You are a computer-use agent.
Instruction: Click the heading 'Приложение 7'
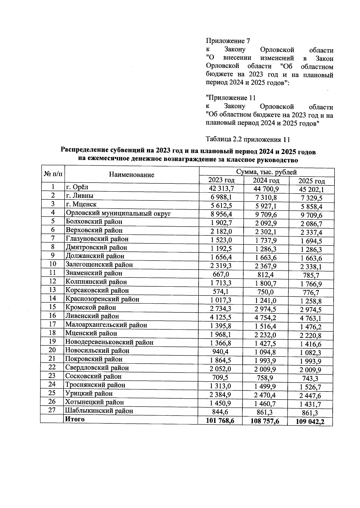(x=228, y=41)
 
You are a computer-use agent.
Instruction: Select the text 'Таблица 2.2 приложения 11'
(x=248, y=139)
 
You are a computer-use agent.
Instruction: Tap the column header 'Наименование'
(x=131, y=175)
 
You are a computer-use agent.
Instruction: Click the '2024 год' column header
(x=266, y=180)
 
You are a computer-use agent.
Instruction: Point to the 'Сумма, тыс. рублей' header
(x=266, y=172)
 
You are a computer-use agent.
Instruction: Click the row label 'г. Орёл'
(x=77, y=187)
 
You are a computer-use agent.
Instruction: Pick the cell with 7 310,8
(x=266, y=197)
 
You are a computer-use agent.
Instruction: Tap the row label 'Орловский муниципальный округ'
(x=118, y=213)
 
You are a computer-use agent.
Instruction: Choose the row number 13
(x=52, y=290)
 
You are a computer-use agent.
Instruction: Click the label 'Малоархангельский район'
(x=106, y=325)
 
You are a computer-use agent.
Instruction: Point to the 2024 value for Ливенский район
(x=266, y=317)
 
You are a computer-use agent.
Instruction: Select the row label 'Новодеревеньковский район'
(x=109, y=342)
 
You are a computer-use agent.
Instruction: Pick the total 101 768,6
(x=220, y=421)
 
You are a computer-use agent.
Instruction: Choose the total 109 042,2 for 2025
(x=310, y=422)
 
